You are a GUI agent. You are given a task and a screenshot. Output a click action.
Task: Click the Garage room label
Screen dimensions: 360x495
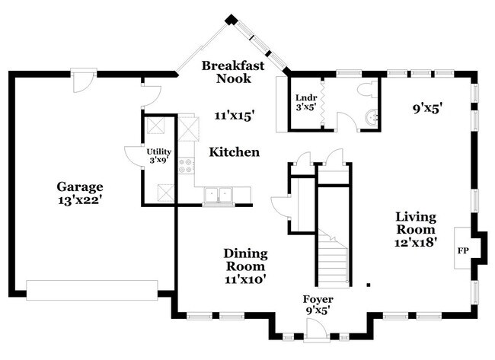click(79, 186)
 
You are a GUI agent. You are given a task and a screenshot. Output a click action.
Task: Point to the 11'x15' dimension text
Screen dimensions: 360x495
click(234, 116)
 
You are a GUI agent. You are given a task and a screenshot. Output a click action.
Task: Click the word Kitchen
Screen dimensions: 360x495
click(235, 152)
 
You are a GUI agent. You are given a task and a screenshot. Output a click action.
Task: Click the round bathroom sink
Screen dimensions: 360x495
click(371, 118)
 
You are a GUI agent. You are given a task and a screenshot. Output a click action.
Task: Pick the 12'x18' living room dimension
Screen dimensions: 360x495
click(415, 243)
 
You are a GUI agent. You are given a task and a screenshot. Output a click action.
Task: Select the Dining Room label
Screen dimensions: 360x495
click(244, 260)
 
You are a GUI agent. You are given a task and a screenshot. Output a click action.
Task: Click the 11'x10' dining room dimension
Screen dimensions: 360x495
click(244, 279)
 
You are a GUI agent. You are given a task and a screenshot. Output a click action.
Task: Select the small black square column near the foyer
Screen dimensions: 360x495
click(368, 285)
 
